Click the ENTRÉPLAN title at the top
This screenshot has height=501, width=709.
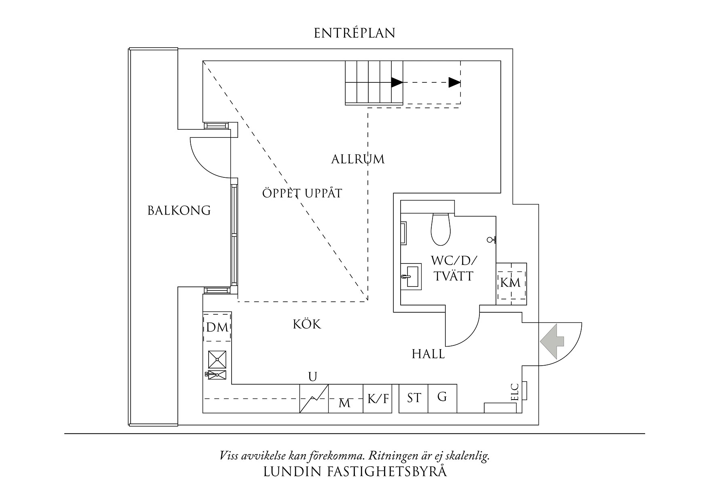point(354,33)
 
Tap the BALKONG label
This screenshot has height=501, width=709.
point(179,211)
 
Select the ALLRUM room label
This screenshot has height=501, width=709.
point(358,159)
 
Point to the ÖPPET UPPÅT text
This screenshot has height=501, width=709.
point(302,194)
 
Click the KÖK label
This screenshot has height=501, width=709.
point(307,324)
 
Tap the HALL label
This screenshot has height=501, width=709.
point(428,354)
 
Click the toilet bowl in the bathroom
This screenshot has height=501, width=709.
point(441,229)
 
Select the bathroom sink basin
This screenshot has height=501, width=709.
point(411,277)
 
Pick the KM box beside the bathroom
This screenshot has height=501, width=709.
point(511,282)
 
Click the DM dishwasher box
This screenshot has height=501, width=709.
point(217,327)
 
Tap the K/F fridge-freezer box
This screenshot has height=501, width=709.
point(378,399)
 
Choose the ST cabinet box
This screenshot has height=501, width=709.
point(414,398)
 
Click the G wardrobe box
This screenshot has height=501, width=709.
point(442,398)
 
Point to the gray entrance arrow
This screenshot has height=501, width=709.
point(552,341)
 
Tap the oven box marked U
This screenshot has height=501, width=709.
point(314,398)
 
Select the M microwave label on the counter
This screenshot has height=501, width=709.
point(344,403)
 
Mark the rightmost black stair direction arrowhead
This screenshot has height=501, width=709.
point(455,83)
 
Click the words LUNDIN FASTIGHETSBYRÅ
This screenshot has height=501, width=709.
point(355,472)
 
